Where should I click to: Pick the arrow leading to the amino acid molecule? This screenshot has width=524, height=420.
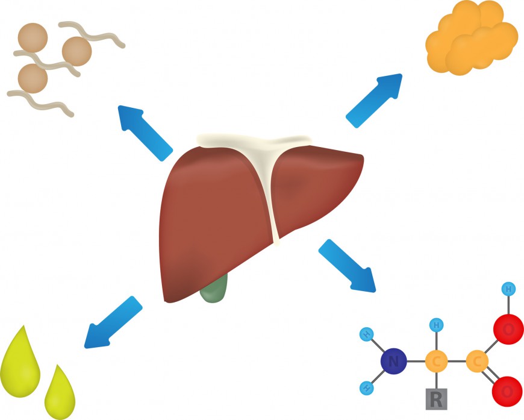click(x=346, y=265)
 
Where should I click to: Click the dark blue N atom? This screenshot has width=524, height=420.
click(x=393, y=362)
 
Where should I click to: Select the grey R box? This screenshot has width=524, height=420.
click(x=436, y=398)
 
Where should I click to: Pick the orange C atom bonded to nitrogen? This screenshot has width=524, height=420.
click(x=436, y=362)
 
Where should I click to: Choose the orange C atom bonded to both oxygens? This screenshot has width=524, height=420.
click(x=477, y=362)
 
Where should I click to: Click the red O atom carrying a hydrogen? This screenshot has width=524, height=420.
click(x=507, y=329)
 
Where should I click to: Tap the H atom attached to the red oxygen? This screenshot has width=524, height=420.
click(x=508, y=289)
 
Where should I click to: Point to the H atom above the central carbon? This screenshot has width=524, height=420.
click(x=436, y=326)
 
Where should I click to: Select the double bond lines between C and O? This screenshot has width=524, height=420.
click(x=491, y=377)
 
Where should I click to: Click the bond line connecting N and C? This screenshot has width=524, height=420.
click(x=415, y=362)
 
